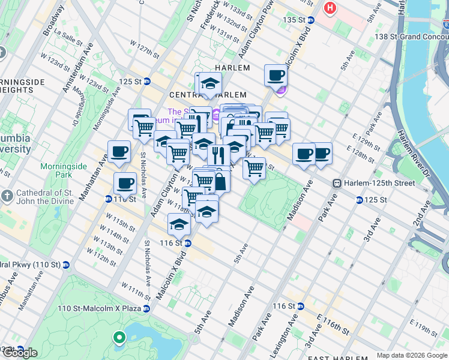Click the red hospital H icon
click(330, 8)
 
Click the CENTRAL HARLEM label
click(208, 95)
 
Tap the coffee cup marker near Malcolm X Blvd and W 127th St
click(276, 76)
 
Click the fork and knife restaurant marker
click(218, 155)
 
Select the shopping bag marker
click(220, 181)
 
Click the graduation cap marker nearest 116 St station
click(179, 224)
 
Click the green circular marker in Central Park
click(119, 338)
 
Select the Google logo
click(20, 353)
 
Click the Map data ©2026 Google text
click(412, 355)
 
